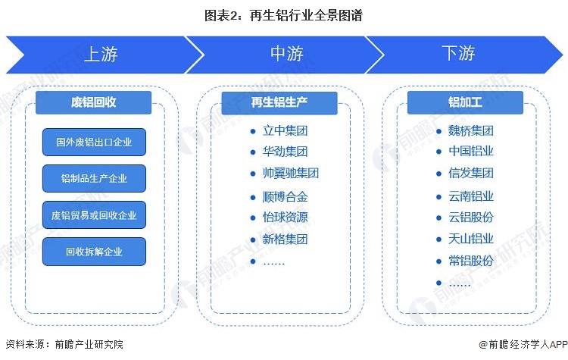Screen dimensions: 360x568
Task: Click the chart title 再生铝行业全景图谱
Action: pos(283,14)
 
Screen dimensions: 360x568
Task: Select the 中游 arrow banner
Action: pos(286,54)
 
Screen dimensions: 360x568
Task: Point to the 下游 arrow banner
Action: pos(458,54)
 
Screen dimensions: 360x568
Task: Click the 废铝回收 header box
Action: pos(94,102)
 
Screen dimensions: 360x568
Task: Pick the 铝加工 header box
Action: pos(465,102)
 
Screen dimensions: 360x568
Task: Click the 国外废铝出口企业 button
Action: pos(94,142)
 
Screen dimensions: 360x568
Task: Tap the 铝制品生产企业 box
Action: pos(94,179)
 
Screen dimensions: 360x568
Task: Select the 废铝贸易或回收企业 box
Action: pos(94,215)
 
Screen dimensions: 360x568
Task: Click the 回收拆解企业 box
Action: pos(94,252)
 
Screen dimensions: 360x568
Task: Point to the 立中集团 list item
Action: pos(285,130)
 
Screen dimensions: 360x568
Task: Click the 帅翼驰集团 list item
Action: pos(290,173)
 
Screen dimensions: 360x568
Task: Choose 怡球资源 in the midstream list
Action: pos(285,217)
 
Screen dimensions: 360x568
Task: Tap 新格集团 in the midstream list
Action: pos(285,239)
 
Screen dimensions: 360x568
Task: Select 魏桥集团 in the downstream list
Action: pos(470,130)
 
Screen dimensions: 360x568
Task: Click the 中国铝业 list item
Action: pos(470,152)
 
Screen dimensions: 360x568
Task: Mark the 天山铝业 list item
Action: pos(470,239)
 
